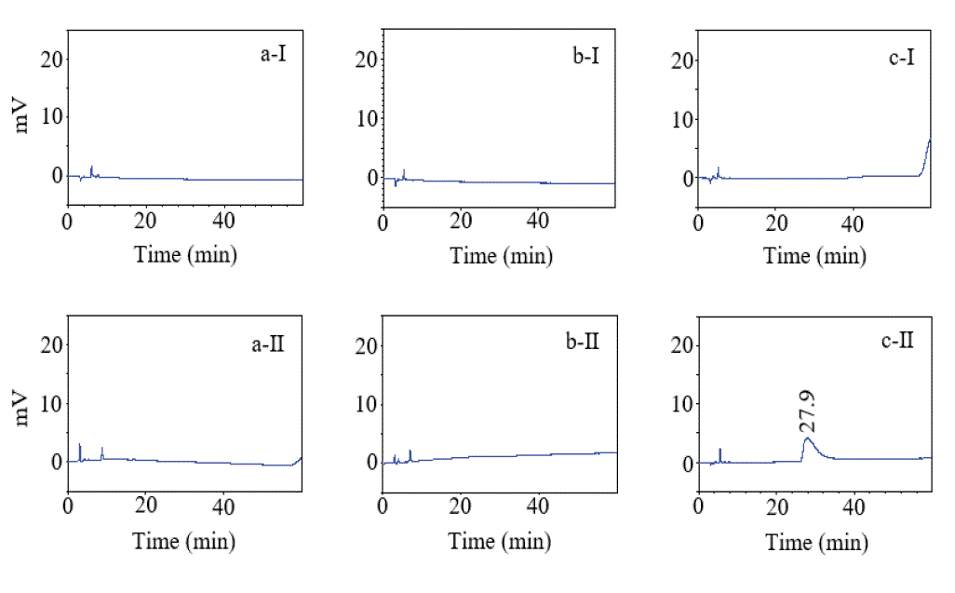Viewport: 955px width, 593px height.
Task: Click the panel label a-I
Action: pyautogui.click(x=273, y=54)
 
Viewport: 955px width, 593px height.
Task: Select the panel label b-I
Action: pyautogui.click(x=585, y=56)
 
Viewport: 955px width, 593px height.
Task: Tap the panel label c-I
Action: pyautogui.click(x=901, y=57)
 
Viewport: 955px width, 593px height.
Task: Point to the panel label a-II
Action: pyautogui.click(x=268, y=344)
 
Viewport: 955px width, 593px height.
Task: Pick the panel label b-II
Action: pyautogui.click(x=583, y=342)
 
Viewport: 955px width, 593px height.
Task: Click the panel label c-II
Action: pyautogui.click(x=897, y=341)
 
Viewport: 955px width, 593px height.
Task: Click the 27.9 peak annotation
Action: pyautogui.click(x=807, y=411)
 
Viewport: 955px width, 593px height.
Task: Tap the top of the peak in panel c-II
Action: pyautogui.click(x=808, y=438)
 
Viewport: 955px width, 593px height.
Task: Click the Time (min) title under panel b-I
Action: pyautogui.click(x=502, y=256)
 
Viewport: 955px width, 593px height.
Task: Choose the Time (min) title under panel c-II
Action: pyautogui.click(x=816, y=542)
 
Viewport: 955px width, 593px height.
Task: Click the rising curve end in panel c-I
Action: pyautogui.click(x=930, y=140)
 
